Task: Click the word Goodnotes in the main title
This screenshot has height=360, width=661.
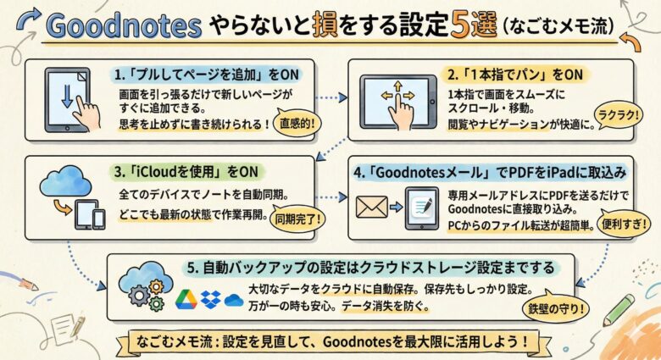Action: [x=123, y=25]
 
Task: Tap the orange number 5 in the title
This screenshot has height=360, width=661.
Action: [x=460, y=24]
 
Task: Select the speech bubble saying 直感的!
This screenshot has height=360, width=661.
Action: [x=297, y=124]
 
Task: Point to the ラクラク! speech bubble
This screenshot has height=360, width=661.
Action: [x=618, y=114]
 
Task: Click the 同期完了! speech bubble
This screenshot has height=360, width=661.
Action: [x=297, y=219]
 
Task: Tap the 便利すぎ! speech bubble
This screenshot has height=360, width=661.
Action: [x=624, y=224]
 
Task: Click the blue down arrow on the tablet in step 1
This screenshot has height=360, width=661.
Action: [x=67, y=97]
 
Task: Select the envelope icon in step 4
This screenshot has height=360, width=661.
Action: [x=372, y=207]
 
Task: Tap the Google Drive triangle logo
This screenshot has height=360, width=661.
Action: [x=186, y=299]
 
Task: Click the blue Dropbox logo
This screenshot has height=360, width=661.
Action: [x=211, y=299]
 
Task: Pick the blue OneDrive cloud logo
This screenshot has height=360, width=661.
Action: [x=234, y=300]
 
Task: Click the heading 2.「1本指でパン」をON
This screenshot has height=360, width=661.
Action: [x=515, y=75]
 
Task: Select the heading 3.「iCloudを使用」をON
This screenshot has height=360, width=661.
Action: [x=186, y=172]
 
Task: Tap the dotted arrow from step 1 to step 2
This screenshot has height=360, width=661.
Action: [x=331, y=97]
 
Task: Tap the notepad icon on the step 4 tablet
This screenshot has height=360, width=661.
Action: [x=422, y=208]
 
